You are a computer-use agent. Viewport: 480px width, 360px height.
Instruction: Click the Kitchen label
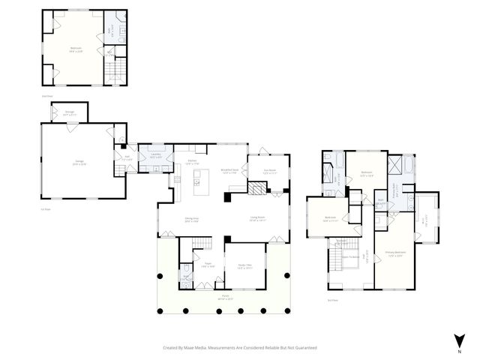point(193,162)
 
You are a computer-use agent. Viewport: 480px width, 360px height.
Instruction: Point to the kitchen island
point(199,178)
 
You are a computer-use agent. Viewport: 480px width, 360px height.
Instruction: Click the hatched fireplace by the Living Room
point(256,189)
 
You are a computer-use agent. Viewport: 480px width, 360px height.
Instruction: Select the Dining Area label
point(191,220)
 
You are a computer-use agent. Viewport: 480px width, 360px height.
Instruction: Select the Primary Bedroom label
point(395,253)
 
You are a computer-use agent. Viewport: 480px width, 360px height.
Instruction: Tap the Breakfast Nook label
point(229,172)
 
